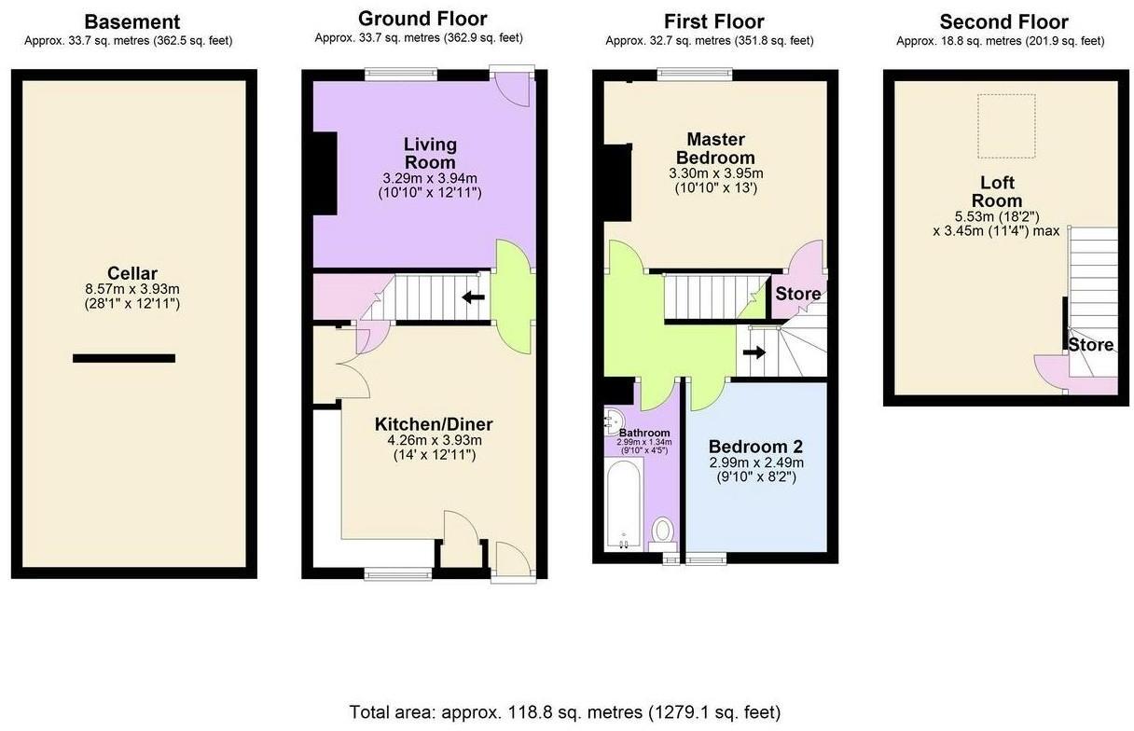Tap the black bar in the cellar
click(124, 358)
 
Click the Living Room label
click(430, 153)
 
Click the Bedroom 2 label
click(755, 447)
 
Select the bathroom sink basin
click(614, 419)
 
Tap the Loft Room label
click(996, 191)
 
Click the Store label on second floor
click(1090, 345)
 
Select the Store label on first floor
click(798, 295)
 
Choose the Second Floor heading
click(1003, 21)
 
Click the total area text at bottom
click(565, 712)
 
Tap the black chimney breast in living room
click(324, 174)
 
